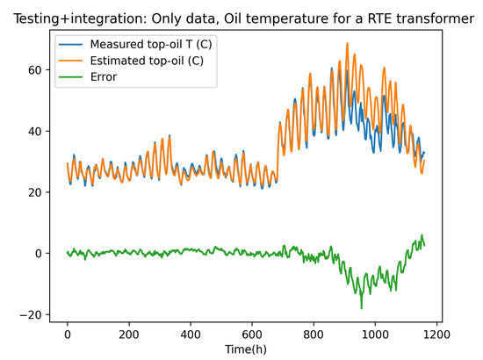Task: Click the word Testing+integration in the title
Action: (81, 19)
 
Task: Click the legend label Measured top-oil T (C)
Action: (151, 45)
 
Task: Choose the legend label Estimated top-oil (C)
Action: (147, 61)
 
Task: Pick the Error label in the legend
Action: (104, 76)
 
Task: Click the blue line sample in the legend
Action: (71, 45)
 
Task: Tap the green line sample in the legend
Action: (71, 76)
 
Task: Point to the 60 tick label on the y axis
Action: (34, 70)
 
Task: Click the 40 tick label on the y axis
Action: (34, 132)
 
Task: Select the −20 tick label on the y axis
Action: (30, 315)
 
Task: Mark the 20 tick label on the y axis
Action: (34, 192)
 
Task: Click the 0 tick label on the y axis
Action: (38, 254)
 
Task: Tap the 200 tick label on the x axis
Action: (129, 335)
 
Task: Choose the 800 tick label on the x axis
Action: (314, 335)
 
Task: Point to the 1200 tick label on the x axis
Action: (436, 335)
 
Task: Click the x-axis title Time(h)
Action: (246, 349)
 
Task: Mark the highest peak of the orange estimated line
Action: (347, 43)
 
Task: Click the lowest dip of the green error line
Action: (361, 308)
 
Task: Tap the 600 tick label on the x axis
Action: (252, 335)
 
